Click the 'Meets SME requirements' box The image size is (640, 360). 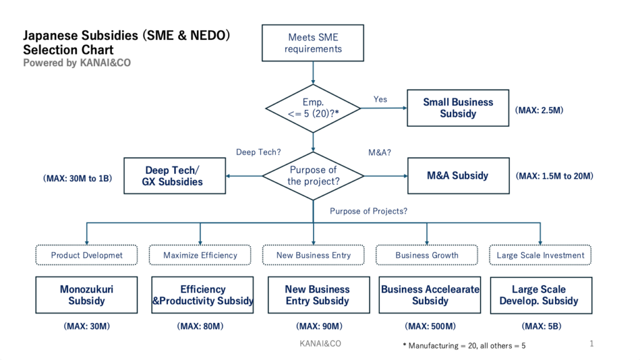coord(313,43)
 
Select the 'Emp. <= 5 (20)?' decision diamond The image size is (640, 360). coord(313,107)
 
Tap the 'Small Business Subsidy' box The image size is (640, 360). coord(457,107)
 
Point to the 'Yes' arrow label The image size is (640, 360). coord(380,99)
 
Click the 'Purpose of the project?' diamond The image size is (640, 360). coord(313,176)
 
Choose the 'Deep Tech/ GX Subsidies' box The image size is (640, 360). coord(175,176)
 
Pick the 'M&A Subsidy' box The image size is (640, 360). coord(457,176)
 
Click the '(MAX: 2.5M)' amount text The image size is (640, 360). coord(539,110)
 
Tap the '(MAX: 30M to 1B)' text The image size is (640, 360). coord(77,178)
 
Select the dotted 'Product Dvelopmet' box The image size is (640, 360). coord(87,255)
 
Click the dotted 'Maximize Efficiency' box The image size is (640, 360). coord(200,255)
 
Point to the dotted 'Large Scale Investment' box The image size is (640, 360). coord(540,255)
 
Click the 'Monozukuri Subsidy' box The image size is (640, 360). coord(87,295)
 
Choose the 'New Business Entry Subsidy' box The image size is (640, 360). coord(317,295)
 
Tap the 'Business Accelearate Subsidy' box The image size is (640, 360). coord(430,295)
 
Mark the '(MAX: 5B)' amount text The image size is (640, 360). coord(540,326)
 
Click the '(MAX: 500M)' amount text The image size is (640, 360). coord(430,326)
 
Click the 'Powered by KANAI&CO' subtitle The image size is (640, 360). coord(77,62)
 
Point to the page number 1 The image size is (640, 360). coord(591,344)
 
